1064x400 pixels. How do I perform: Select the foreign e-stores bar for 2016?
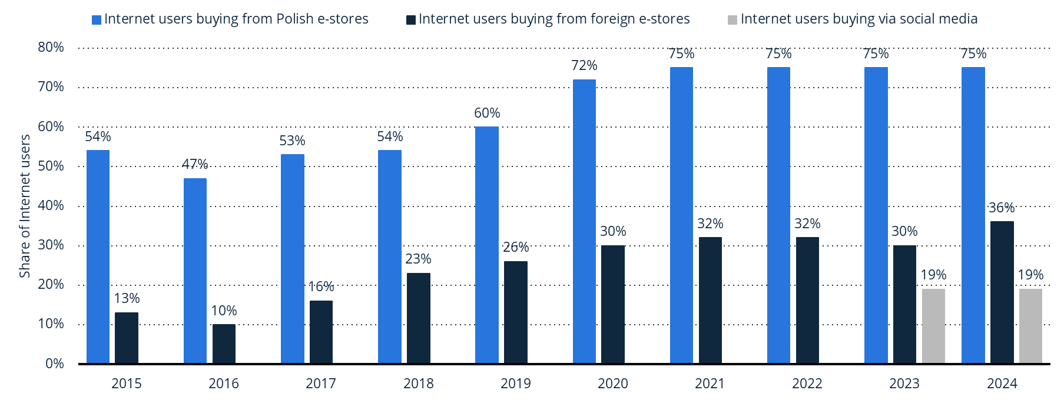tap(224, 344)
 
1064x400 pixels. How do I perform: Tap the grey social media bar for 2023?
tap(933, 326)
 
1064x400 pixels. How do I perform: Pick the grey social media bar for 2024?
tap(1030, 326)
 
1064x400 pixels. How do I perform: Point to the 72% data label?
tap(584, 65)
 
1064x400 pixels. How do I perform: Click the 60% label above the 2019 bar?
tap(487, 113)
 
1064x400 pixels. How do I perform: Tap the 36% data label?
tap(1002, 208)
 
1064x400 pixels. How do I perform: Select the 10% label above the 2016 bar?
tap(224, 311)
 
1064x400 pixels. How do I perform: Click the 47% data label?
tap(195, 164)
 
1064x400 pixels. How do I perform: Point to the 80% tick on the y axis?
tap(51, 47)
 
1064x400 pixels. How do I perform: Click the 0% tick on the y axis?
tap(55, 364)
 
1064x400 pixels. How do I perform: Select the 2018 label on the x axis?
tap(418, 384)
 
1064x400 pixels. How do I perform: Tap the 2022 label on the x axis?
tap(807, 384)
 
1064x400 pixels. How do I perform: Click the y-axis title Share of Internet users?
tap(25, 206)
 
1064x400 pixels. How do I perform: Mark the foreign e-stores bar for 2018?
tap(418, 318)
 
